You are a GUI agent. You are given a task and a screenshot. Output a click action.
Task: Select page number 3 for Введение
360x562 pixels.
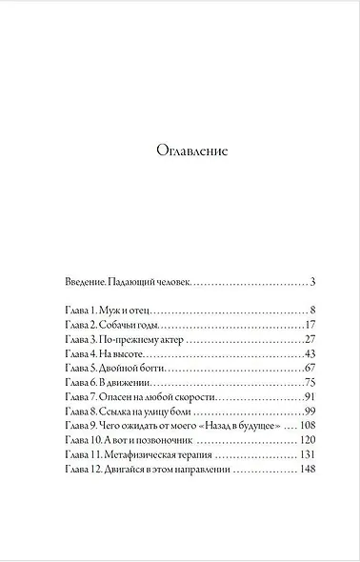(312, 282)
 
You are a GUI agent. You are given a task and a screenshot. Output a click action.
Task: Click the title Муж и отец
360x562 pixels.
(126, 311)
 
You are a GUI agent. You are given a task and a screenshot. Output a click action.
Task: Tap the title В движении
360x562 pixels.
(128, 382)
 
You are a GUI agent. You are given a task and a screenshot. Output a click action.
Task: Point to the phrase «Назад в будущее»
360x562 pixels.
(233, 425)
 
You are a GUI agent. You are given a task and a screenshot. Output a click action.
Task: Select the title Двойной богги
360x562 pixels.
(135, 368)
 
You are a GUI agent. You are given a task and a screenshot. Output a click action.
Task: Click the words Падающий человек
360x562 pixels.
(151, 282)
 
